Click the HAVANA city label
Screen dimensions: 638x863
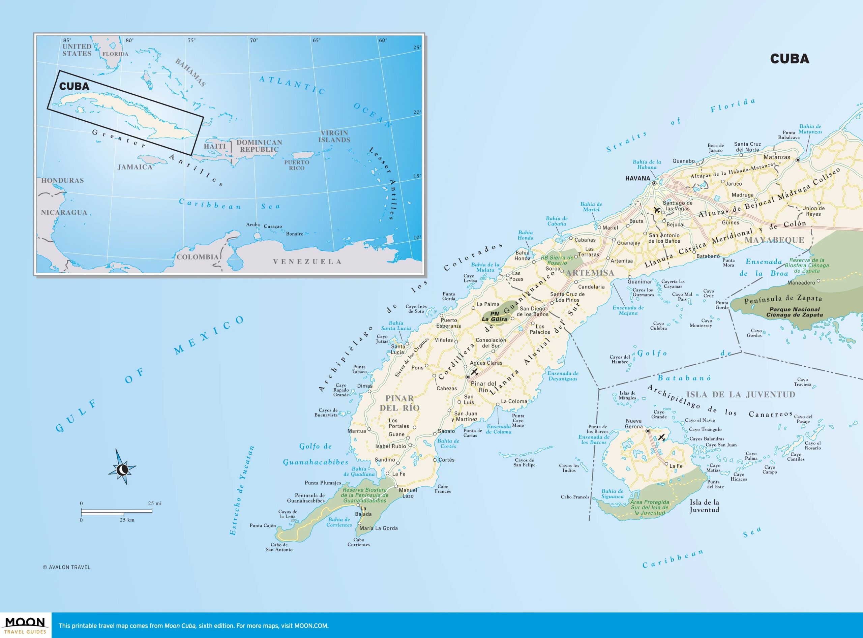pyautogui.click(x=637, y=178)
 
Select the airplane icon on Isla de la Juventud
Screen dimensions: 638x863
pyautogui.click(x=661, y=437)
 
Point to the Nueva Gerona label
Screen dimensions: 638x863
pyautogui.click(x=633, y=424)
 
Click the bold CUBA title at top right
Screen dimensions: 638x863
pyautogui.click(x=790, y=59)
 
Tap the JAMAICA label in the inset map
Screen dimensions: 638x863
pyautogui.click(x=135, y=167)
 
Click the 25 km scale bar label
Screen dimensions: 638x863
pyautogui.click(x=127, y=520)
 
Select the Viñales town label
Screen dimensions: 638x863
pyautogui.click(x=444, y=340)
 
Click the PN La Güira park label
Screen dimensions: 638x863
pyautogui.click(x=495, y=316)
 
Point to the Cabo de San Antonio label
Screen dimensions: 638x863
pyautogui.click(x=279, y=547)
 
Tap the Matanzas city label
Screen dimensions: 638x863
pyautogui.click(x=776, y=157)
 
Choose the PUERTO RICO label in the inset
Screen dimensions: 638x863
pyautogui.click(x=297, y=165)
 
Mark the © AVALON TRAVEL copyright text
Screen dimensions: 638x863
pyautogui.click(x=66, y=567)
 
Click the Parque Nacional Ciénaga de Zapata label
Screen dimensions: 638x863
pyautogui.click(x=794, y=312)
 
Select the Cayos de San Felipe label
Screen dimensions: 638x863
pyautogui.click(x=524, y=462)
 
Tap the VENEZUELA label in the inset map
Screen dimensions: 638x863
pyautogui.click(x=307, y=262)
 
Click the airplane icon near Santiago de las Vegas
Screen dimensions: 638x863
pyautogui.click(x=657, y=210)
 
